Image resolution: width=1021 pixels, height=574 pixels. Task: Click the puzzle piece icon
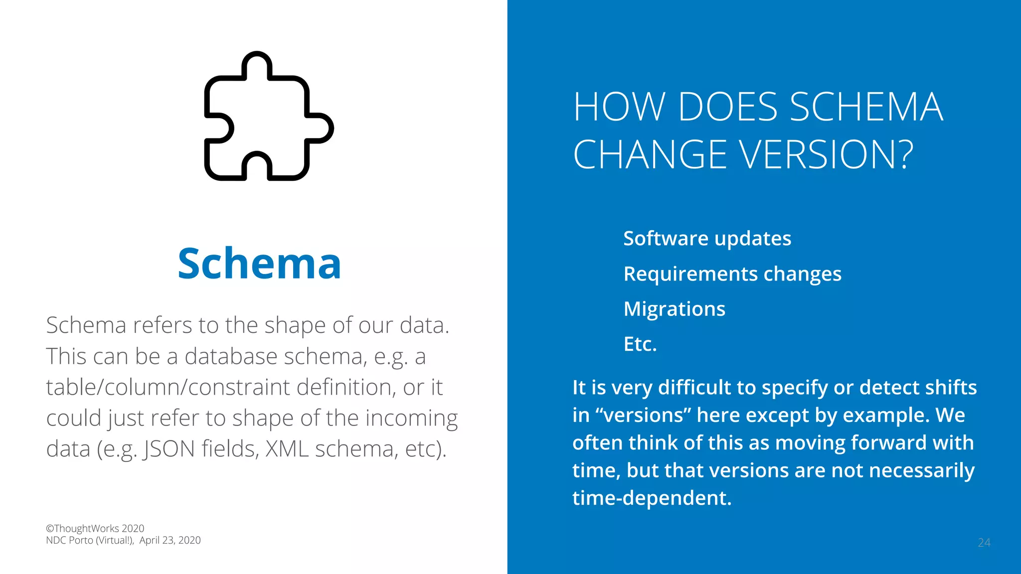[x=269, y=116]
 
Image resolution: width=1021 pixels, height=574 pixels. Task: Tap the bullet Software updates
[x=707, y=239]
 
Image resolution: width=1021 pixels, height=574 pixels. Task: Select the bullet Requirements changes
[x=732, y=274]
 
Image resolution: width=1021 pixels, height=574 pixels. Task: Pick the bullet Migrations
[x=674, y=309]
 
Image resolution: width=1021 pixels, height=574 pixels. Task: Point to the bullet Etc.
[x=640, y=344]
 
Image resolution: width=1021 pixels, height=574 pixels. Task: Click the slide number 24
[x=984, y=543]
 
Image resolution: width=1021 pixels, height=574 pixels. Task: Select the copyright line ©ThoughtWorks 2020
[x=95, y=528]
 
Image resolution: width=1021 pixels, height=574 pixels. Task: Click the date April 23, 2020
[x=170, y=541]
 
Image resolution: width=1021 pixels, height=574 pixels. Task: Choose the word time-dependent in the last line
[x=652, y=498]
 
